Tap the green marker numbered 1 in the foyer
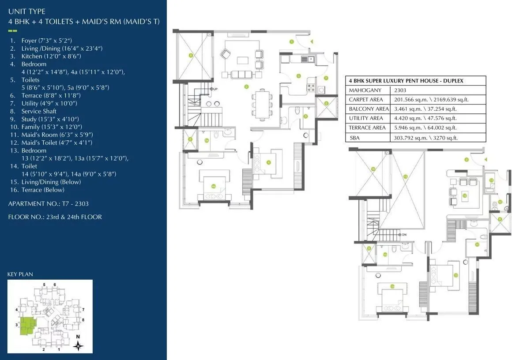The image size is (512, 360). click(292, 42)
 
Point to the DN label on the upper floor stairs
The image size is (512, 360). click(403, 234)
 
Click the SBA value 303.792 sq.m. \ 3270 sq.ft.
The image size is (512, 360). click(425, 138)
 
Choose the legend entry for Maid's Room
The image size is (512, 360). click(51, 135)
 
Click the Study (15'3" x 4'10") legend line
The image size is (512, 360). click(44, 119)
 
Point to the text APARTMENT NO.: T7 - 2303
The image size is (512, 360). click(49, 204)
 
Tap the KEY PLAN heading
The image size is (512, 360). click(20, 274)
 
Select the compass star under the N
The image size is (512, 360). click(78, 347)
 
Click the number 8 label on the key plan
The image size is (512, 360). click(83, 319)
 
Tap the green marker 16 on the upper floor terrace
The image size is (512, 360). click(373, 169)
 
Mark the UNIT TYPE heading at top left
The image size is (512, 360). click(26, 11)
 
